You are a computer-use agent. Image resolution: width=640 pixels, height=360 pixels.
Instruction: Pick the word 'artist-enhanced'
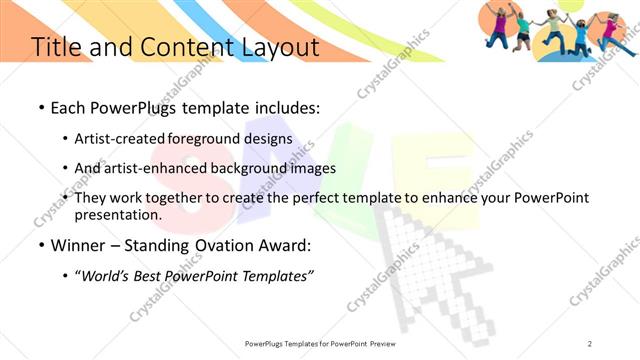[x=169, y=168]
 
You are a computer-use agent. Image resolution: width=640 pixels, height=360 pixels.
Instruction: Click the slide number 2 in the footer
[x=590, y=343]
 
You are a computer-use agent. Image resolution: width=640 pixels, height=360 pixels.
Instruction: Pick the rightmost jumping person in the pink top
[x=611, y=30]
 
